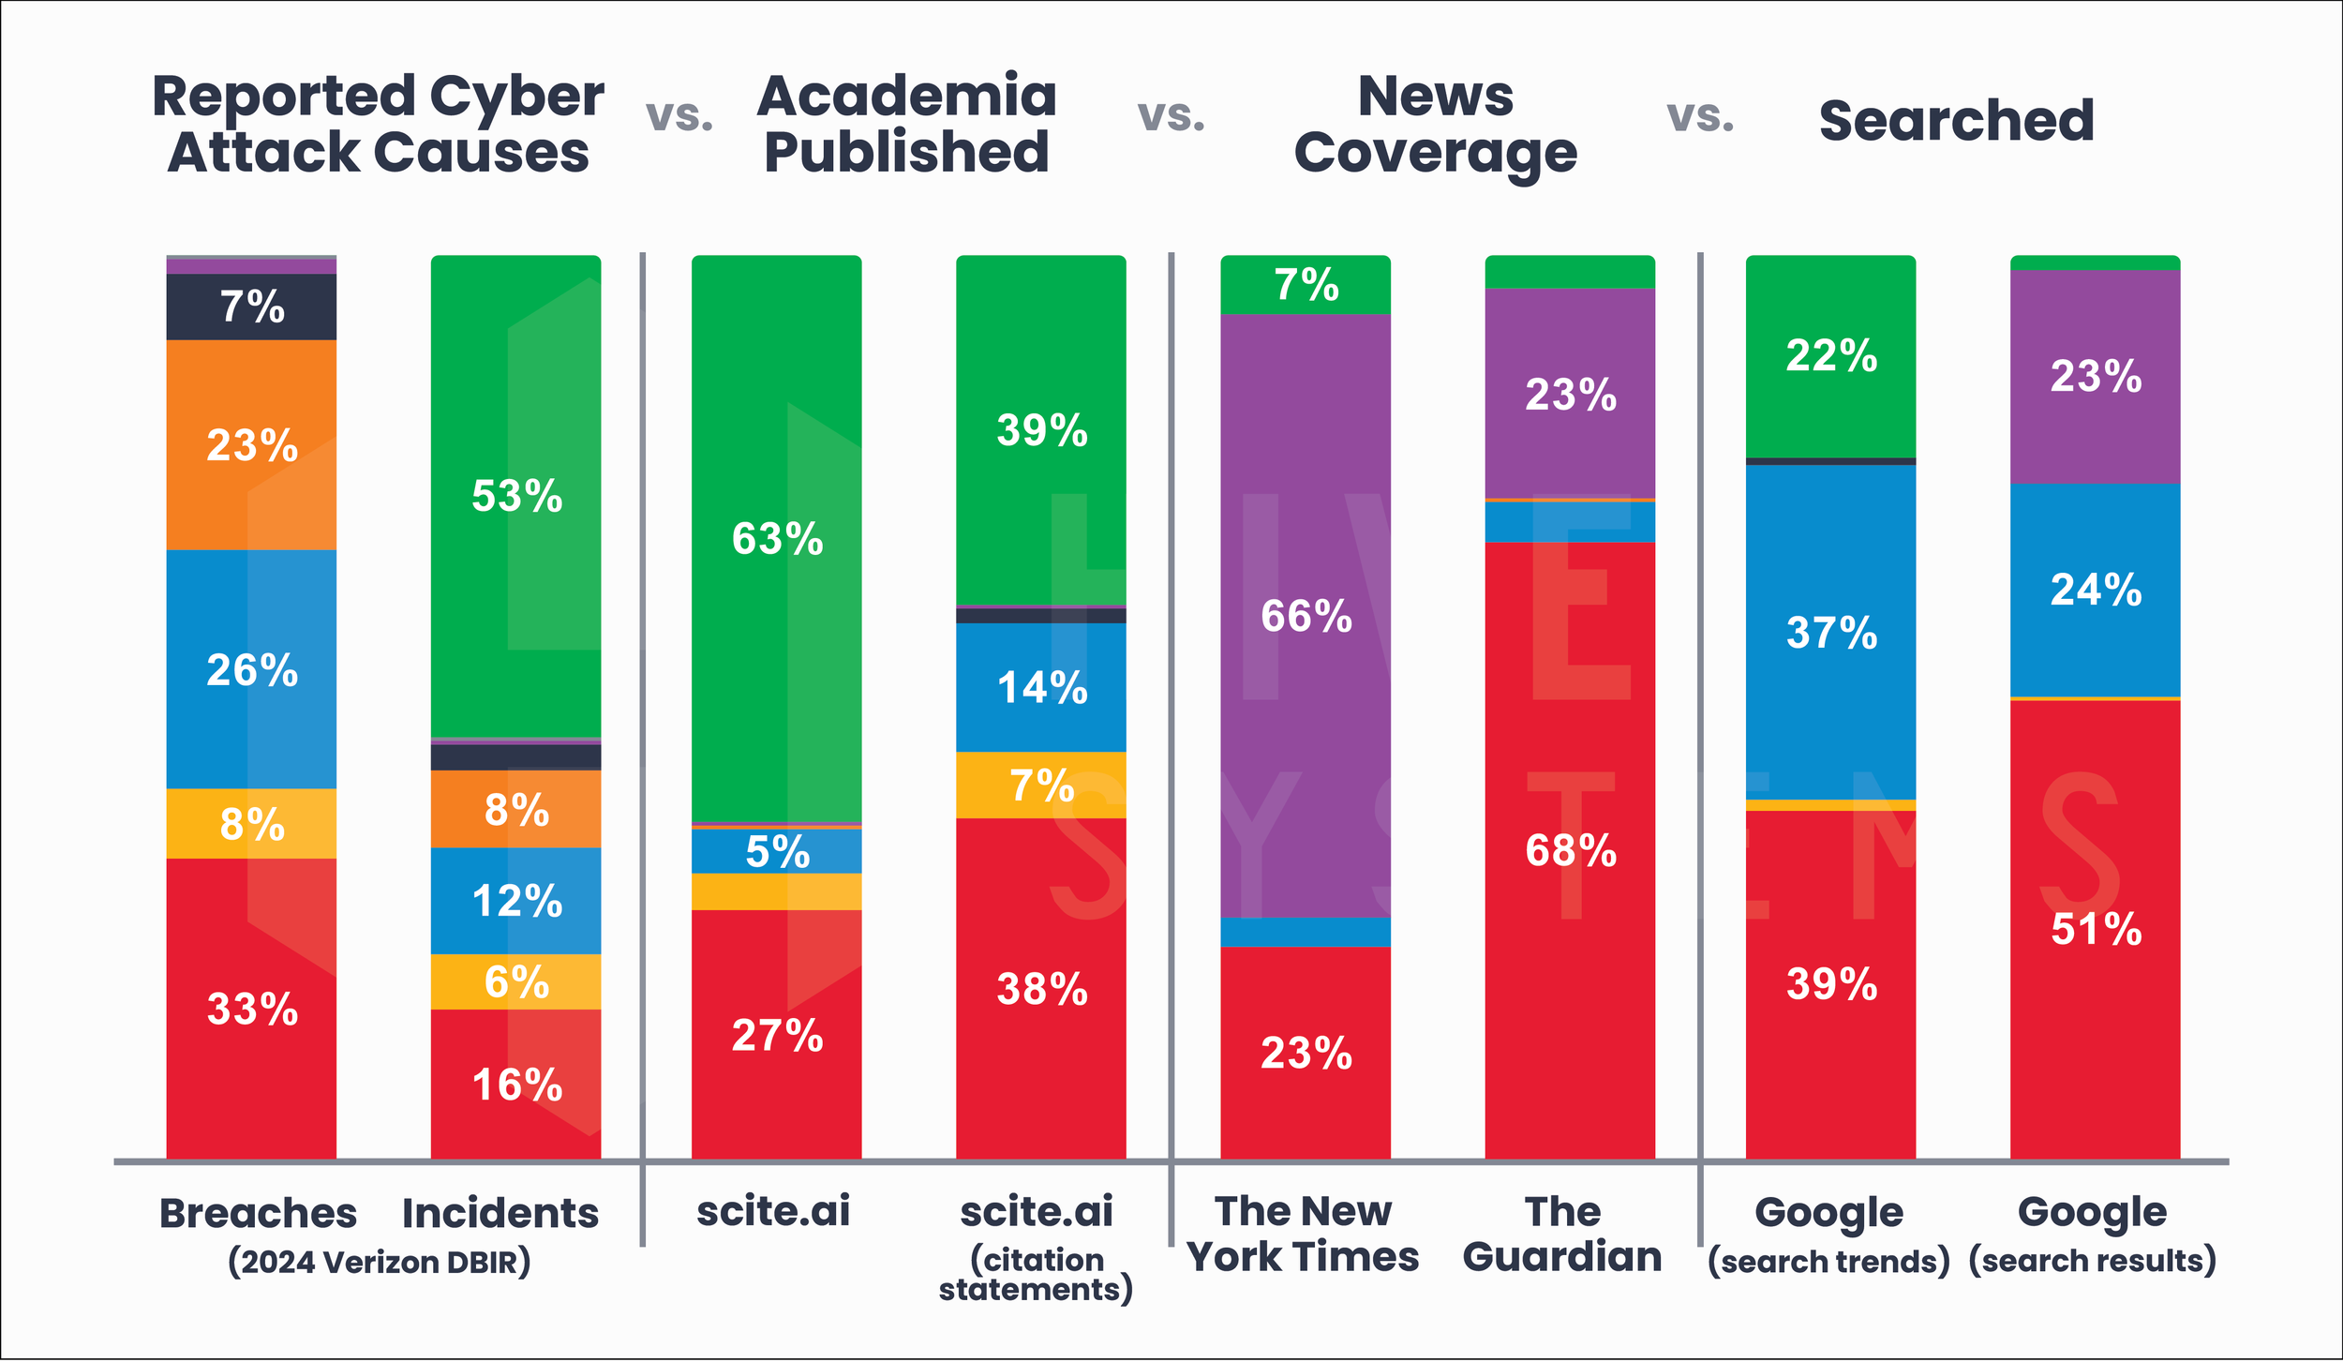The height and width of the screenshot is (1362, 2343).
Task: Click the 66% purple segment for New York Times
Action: point(1305,616)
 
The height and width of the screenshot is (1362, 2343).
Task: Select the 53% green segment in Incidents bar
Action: point(515,496)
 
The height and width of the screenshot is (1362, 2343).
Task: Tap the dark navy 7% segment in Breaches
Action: point(251,307)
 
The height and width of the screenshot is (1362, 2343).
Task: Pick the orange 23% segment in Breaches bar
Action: point(251,444)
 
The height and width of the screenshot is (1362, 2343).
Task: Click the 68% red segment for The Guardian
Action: point(1570,849)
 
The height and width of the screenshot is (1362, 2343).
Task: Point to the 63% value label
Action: point(777,539)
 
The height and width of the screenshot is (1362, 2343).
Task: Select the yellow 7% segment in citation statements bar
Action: point(1040,786)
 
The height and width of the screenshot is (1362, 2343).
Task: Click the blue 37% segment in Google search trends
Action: point(1830,633)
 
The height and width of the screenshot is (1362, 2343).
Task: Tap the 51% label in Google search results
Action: point(2096,929)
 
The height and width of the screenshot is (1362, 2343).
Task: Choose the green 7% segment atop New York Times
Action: point(1305,285)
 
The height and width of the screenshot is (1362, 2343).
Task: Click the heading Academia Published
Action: point(906,124)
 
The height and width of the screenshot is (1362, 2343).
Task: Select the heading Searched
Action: point(1956,121)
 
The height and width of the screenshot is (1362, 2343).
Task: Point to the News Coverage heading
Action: point(1435,124)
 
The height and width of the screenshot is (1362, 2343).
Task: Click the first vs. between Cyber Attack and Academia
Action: point(679,116)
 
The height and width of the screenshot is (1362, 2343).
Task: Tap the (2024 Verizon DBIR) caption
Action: point(379,1262)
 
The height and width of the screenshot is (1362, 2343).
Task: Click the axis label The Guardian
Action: point(1561,1234)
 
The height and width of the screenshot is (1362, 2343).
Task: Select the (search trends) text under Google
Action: point(1828,1262)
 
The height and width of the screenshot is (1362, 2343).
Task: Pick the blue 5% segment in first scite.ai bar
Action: point(777,851)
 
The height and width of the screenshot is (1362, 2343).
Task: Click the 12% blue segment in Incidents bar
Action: point(515,901)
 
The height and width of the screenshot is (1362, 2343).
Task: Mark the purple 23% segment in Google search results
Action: point(2096,376)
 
